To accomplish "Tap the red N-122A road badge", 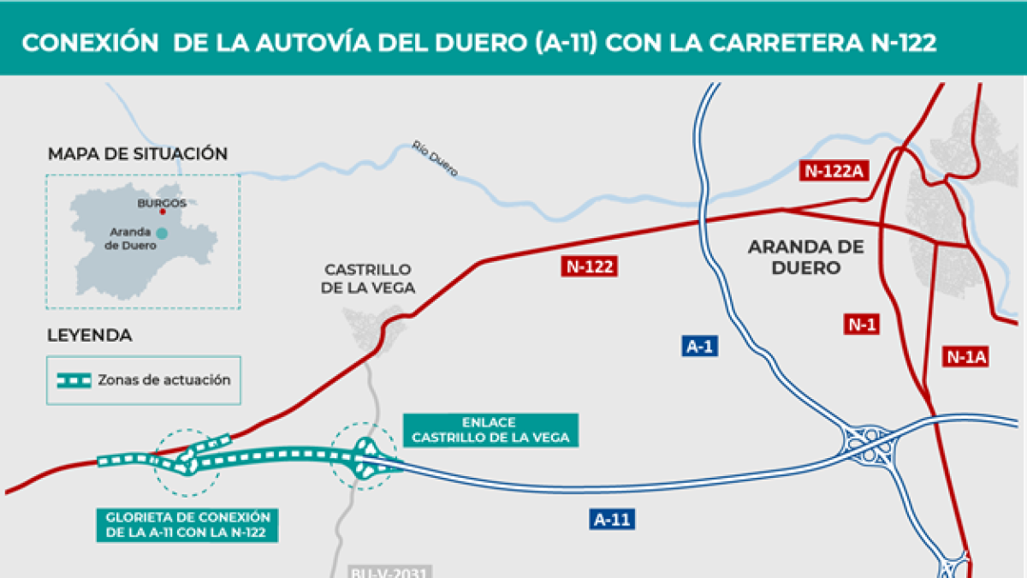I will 834,170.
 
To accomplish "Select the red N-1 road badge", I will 861,324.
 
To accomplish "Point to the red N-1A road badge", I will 967,356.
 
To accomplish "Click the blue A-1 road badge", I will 700,346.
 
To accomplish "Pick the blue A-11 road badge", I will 614,518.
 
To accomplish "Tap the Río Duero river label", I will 435,159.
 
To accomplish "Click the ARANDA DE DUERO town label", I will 806,257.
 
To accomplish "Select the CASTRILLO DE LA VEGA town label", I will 367,279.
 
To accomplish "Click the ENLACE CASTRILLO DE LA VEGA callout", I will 490,430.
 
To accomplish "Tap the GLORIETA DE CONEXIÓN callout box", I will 188,525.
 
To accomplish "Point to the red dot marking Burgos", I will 162,212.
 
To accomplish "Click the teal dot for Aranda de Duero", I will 161,232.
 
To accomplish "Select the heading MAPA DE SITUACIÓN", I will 138,154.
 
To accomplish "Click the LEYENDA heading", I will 90,336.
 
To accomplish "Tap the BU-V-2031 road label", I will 379,571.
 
